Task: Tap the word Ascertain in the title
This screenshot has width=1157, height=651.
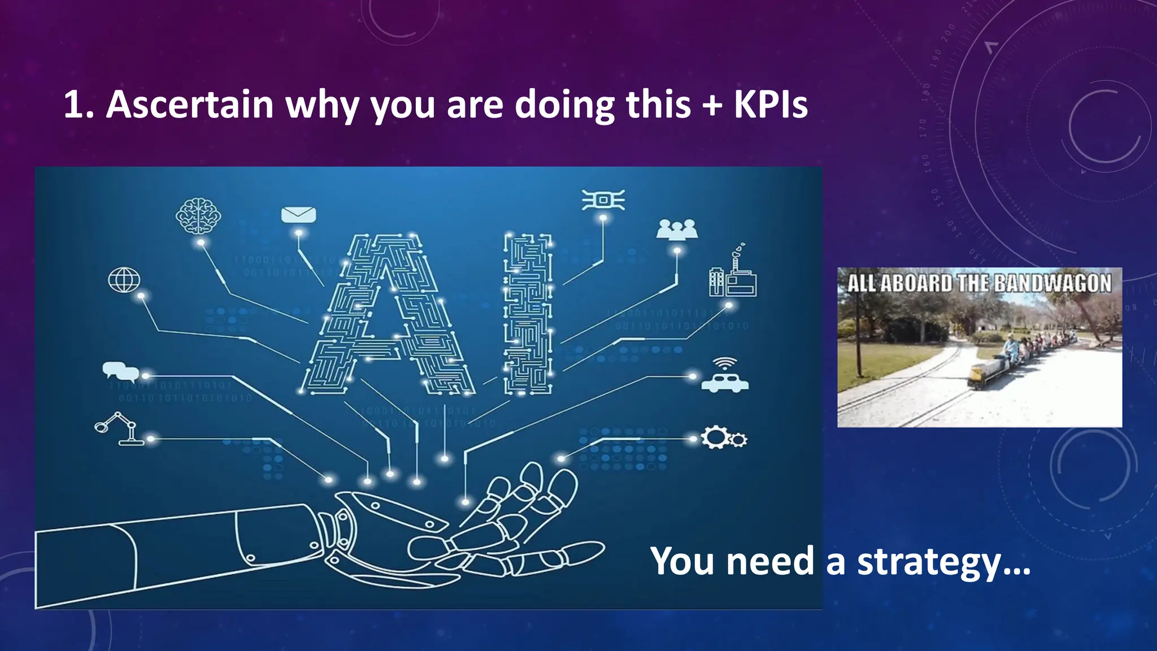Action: (x=190, y=105)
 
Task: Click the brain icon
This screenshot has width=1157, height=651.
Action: (x=198, y=215)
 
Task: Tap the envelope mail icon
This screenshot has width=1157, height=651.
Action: (x=298, y=215)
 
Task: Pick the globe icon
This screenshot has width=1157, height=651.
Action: (x=124, y=280)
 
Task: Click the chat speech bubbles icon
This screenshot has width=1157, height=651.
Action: (x=120, y=371)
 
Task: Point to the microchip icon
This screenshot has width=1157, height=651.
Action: (x=603, y=200)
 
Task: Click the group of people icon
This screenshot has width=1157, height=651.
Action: (x=677, y=229)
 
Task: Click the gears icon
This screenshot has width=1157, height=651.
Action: (x=723, y=438)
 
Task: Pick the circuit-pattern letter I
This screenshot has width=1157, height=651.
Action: (x=528, y=314)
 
